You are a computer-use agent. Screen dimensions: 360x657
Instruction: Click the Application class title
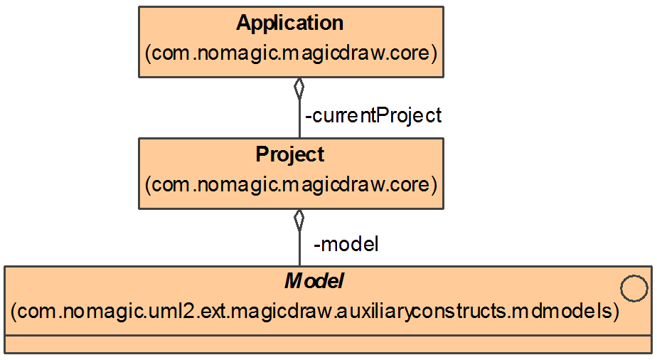pyautogui.click(x=289, y=23)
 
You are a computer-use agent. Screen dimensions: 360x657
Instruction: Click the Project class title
pyautogui.click(x=289, y=154)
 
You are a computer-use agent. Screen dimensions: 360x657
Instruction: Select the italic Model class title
pyautogui.click(x=314, y=282)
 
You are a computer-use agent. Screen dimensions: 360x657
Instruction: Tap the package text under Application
pyautogui.click(x=290, y=53)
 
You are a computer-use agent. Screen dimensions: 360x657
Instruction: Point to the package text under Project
pyautogui.click(x=290, y=185)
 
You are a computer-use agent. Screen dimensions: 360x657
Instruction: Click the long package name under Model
pyautogui.click(x=314, y=312)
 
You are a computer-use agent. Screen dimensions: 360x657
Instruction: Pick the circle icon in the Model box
pyautogui.click(x=634, y=290)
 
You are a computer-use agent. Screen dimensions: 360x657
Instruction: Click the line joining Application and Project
pyautogui.click(x=299, y=117)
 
